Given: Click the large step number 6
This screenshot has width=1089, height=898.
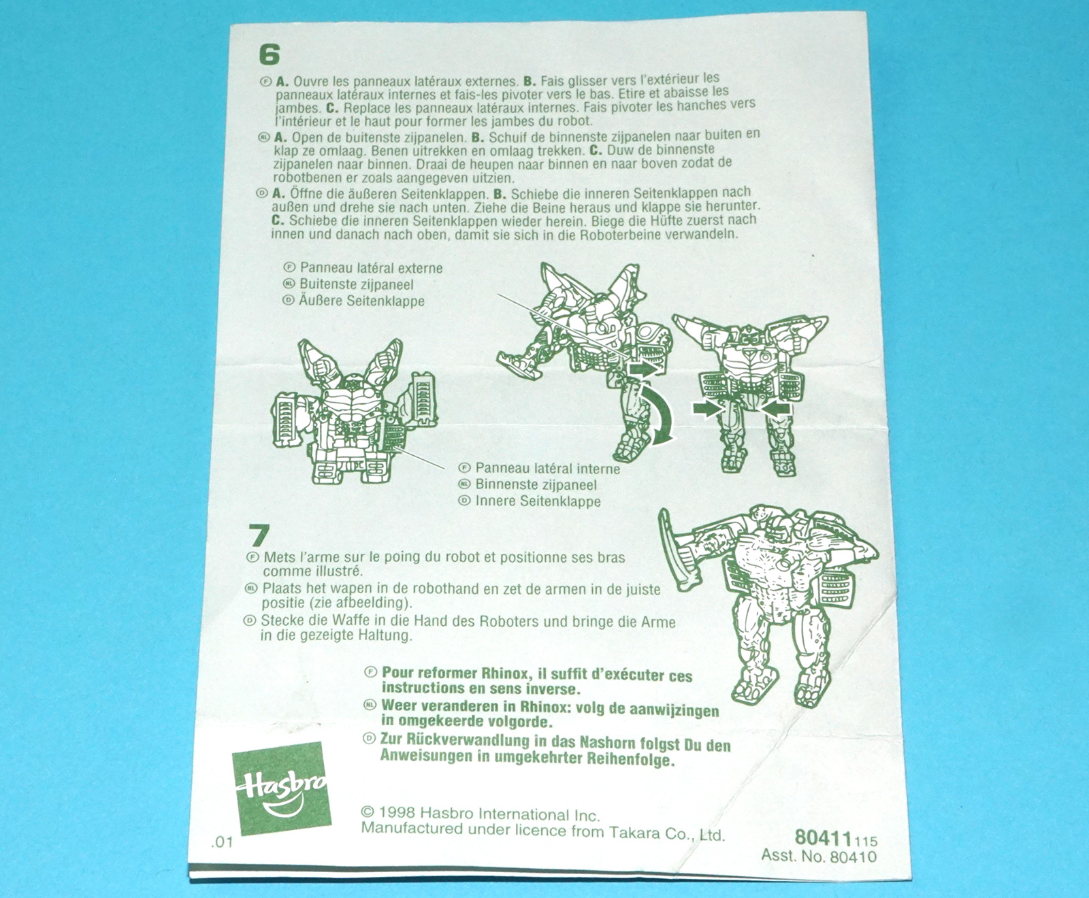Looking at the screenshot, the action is [x=270, y=54].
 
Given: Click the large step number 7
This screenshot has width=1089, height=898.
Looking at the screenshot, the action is [x=259, y=535].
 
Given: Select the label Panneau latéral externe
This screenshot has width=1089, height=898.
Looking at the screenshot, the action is [x=372, y=268].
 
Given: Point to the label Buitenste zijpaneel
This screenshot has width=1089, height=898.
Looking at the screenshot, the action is [x=357, y=284].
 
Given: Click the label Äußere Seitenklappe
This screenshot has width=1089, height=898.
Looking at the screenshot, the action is [x=361, y=301].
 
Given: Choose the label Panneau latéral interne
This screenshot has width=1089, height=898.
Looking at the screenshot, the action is [x=548, y=469].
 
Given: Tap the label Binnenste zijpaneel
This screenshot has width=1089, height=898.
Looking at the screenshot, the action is [x=536, y=485].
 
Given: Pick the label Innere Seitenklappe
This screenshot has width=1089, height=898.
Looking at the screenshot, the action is [x=538, y=501].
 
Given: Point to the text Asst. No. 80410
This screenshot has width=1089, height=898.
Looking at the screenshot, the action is [x=819, y=857].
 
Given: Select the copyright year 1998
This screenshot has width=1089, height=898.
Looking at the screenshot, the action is [x=397, y=812].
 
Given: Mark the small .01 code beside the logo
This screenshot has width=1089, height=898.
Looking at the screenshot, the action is [x=222, y=842].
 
